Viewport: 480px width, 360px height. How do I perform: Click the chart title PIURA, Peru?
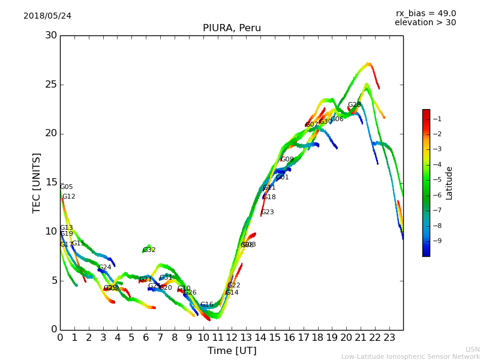pos(232,28)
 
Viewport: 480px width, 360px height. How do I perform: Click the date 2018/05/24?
pos(47,16)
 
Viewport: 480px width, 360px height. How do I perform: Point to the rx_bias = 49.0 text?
pos(425,13)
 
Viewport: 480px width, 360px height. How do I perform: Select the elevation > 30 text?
pos(425,23)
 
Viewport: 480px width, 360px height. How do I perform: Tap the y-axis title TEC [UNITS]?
pos(37,182)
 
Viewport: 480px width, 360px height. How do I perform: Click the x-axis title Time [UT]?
pos(232,351)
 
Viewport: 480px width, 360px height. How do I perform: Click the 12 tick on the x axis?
pos(232,338)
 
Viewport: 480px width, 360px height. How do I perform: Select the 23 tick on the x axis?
pos(389,338)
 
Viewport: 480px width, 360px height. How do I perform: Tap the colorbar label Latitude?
pos(449,183)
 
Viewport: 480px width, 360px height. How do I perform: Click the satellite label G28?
pos(355,105)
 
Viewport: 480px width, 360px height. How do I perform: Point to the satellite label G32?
pos(149,250)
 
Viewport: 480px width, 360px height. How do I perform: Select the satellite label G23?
pos(268,212)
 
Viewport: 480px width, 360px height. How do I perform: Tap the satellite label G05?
pos(67,187)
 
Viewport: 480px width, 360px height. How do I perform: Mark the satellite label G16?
pos(207,305)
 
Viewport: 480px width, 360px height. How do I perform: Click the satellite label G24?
pos(105,268)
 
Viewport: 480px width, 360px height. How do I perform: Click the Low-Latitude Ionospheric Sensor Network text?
pos(410,356)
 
